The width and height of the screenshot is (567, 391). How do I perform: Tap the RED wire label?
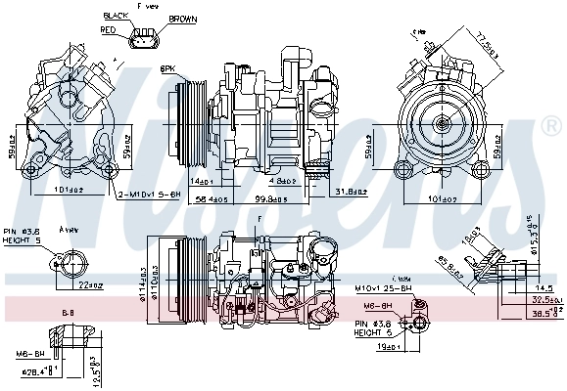click(109, 30)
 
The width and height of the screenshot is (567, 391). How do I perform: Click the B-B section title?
click(69, 313)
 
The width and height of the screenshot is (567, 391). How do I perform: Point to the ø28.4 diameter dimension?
click(39, 372)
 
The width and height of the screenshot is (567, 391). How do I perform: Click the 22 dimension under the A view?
click(91, 284)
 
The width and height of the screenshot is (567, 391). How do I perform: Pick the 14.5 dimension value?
click(544, 287)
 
